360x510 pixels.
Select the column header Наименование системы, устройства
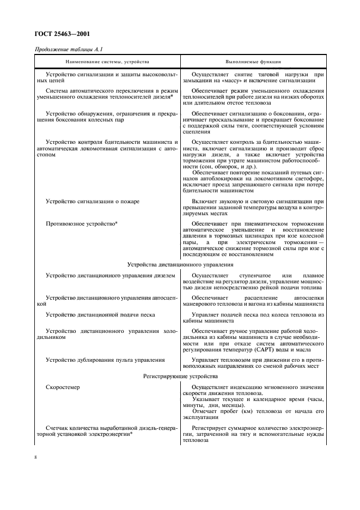(108, 62)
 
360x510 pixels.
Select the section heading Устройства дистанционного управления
(180, 264)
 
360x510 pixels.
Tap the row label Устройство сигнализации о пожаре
(93, 201)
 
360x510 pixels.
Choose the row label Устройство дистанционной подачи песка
(101, 315)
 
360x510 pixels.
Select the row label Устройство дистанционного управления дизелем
(111, 276)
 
